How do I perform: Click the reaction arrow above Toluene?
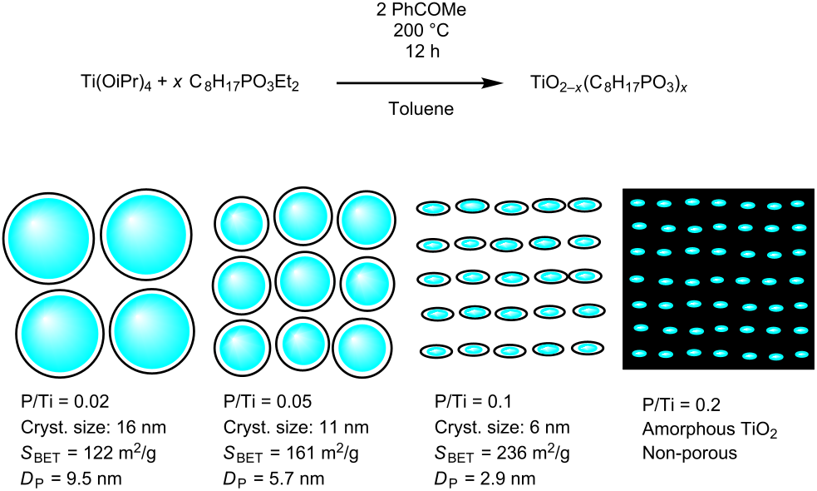pyautogui.click(x=420, y=83)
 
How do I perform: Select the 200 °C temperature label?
pyautogui.click(x=421, y=31)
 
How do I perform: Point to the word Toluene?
pyautogui.click(x=421, y=109)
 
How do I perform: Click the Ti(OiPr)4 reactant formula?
pyautogui.click(x=116, y=83)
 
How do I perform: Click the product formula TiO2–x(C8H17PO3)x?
pyautogui.click(x=610, y=83)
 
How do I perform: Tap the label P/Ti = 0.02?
pyautogui.click(x=65, y=404)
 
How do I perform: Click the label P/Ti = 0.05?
pyautogui.click(x=268, y=404)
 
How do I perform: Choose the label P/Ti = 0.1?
pyautogui.click(x=475, y=404)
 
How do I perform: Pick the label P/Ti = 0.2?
pyautogui.click(x=681, y=405)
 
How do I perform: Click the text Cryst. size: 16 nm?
pyautogui.click(x=93, y=429)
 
